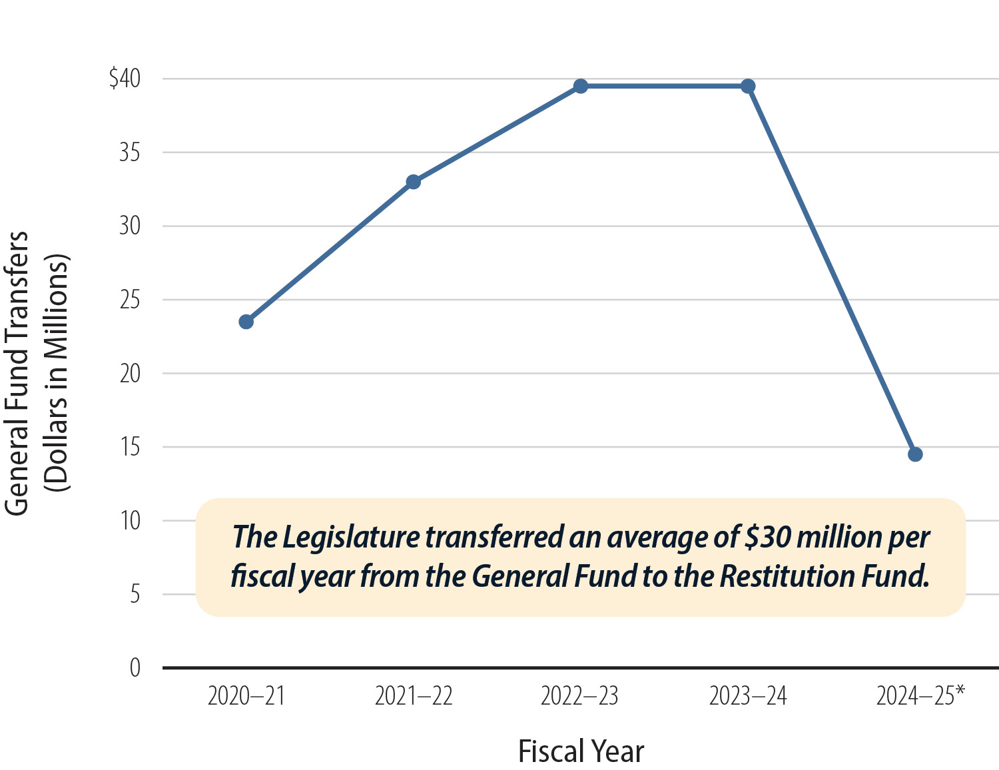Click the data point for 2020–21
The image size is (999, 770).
tap(246, 322)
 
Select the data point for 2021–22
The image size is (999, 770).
tap(413, 182)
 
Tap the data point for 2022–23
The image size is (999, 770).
tap(580, 86)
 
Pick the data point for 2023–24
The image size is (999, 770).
tap(748, 86)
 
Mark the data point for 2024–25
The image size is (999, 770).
tap(915, 454)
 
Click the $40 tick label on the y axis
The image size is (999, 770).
tap(125, 79)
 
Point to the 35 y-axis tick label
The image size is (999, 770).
tap(130, 153)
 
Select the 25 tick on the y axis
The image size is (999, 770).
tap(130, 300)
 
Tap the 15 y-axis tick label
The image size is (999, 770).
tap(130, 447)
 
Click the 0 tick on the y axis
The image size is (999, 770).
tap(135, 667)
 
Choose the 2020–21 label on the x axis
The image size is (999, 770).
tap(246, 696)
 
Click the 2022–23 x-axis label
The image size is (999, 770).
tap(579, 696)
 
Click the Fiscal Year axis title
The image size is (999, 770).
tap(581, 751)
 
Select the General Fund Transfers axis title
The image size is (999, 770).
tap(18, 373)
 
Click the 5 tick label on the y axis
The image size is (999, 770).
tap(135, 594)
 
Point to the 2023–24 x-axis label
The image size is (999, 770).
tap(748, 696)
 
